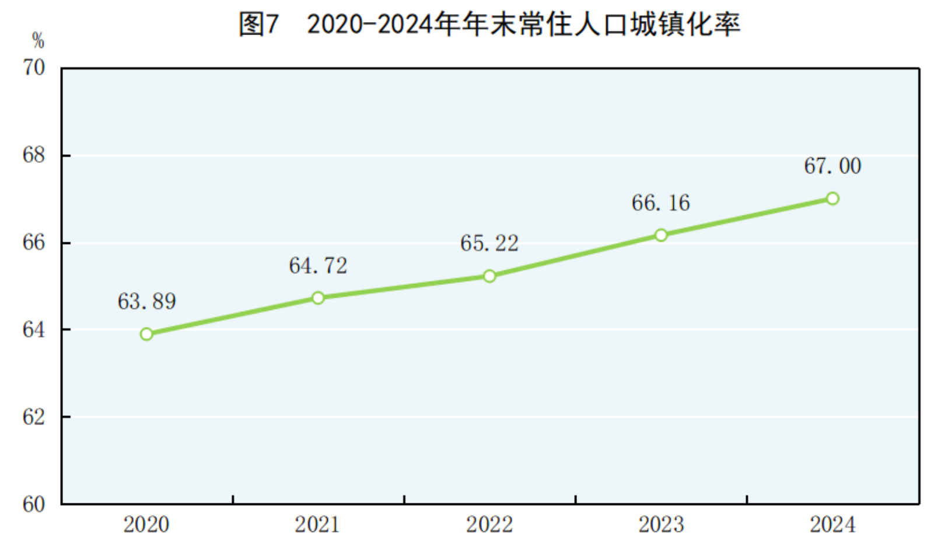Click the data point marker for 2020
pos(146,334)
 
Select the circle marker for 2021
pos(318,298)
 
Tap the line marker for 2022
pos(489,276)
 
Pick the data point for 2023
pos(661,235)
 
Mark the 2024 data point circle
pos(832,199)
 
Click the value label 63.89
pos(146,301)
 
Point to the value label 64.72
pos(318,266)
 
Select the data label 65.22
pos(489,244)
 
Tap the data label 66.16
pos(661,203)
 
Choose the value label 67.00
pos(832,166)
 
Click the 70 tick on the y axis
pos(34,68)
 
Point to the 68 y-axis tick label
pos(34,155)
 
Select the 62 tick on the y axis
pos(34,417)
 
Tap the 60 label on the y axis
pos(34,504)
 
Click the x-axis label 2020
pos(146,524)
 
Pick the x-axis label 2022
pos(489,524)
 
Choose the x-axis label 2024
pos(832,524)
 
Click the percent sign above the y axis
pos(38,41)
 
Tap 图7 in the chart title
pos(259,25)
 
